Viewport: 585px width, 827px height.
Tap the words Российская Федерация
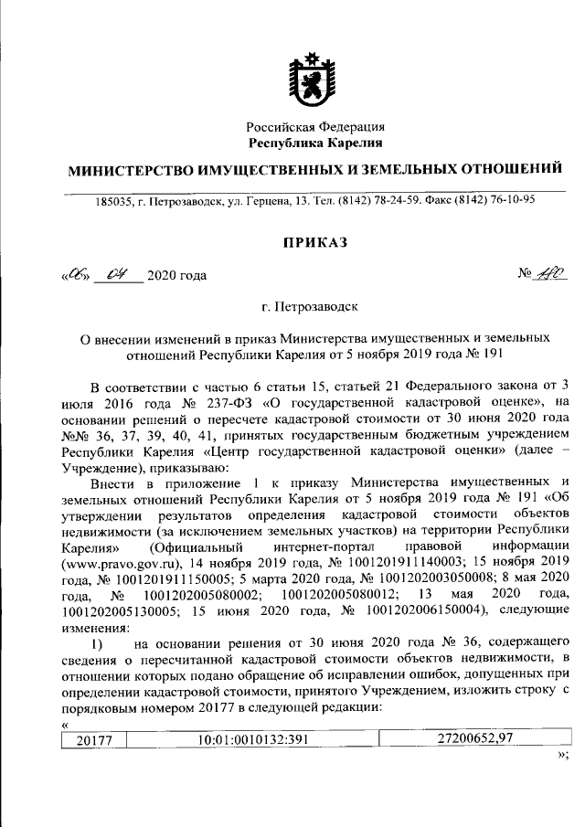pos(316,127)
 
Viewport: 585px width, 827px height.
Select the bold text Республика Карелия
pos(316,143)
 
